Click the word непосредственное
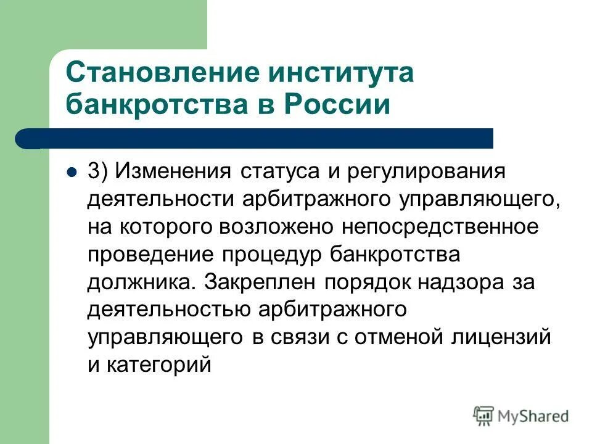(442, 227)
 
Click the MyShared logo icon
(485, 415)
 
